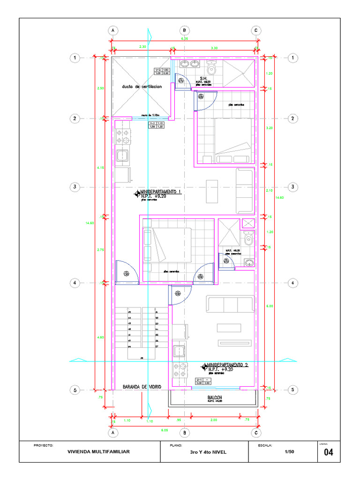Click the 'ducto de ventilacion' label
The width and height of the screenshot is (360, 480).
pos(142,87)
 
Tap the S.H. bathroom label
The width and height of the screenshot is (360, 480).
pos(203,78)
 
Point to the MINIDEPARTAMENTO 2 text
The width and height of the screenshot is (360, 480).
pos(227,364)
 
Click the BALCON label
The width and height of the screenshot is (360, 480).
pos(215,397)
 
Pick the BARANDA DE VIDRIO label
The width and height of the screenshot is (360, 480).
pos(142,387)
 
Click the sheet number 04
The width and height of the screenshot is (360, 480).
pos(328,452)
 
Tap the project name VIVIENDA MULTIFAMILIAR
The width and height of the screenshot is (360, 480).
pos(98,452)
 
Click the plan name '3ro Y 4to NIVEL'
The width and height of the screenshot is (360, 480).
pos(208,452)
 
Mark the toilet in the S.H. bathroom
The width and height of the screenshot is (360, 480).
pos(211,68)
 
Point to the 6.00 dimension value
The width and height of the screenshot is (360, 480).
pos(269,306)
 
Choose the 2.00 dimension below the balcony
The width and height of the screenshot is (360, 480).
pos(214,420)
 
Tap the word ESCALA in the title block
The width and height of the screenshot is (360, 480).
pos(265,445)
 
